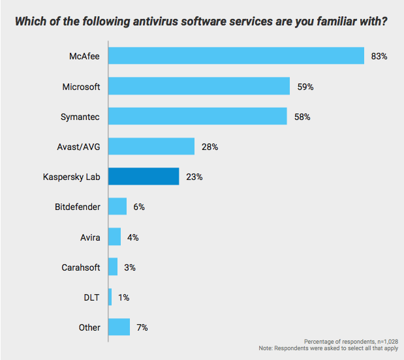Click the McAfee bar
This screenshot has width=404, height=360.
(x=236, y=56)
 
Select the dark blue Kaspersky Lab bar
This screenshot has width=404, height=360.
(x=144, y=176)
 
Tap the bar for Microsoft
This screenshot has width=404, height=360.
(x=198, y=86)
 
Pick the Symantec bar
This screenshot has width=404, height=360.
(x=197, y=116)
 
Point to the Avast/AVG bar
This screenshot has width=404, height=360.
(x=151, y=146)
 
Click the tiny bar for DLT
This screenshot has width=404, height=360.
(x=110, y=297)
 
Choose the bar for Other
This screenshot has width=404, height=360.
(x=119, y=327)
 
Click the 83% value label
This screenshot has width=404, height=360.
(x=379, y=57)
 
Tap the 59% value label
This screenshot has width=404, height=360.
(x=305, y=87)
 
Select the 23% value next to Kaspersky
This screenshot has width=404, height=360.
(x=194, y=177)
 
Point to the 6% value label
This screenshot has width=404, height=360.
(x=138, y=207)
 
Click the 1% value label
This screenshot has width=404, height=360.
(x=123, y=297)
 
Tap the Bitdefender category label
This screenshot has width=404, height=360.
(x=78, y=207)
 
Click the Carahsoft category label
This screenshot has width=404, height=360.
(x=80, y=267)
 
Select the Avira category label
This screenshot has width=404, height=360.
(x=89, y=237)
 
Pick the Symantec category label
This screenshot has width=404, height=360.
(x=80, y=116)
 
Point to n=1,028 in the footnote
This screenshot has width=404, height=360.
(x=382, y=341)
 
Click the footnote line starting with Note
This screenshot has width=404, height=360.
(x=333, y=348)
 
